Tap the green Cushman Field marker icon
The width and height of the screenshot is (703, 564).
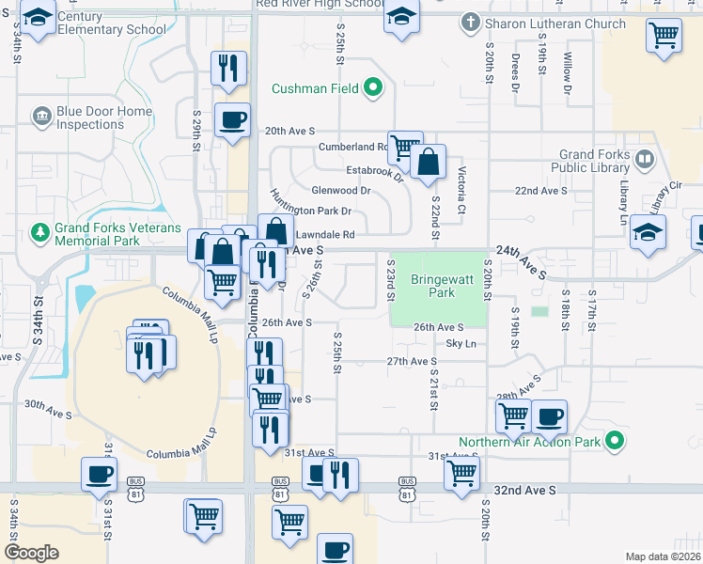click(373, 89)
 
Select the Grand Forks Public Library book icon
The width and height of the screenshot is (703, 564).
click(644, 159)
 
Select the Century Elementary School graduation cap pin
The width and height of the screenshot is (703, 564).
click(38, 18)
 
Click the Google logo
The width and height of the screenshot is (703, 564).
click(31, 552)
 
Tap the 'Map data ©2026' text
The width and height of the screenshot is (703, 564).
click(663, 556)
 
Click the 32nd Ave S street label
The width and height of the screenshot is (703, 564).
click(526, 491)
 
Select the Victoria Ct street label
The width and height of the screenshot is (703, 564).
click(461, 189)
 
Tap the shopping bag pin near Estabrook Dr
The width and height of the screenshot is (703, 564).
click(429, 161)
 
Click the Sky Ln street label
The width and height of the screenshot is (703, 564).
click(461, 344)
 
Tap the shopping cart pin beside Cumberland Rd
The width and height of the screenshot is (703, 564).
click(404, 146)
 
